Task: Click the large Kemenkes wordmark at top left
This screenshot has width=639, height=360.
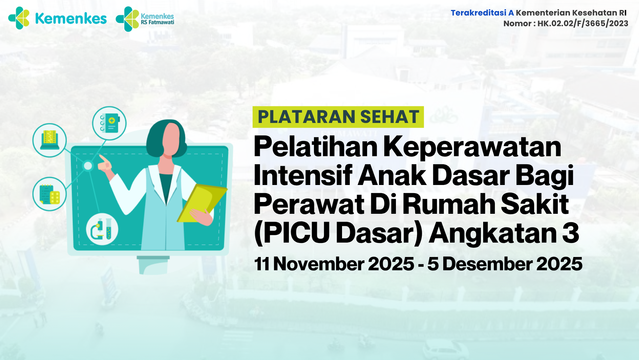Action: pos(71,18)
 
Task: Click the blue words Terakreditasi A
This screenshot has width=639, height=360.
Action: pos(482,13)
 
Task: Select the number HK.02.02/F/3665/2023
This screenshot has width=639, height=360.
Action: pos(582,24)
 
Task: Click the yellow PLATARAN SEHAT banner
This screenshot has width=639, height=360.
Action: pos(338,117)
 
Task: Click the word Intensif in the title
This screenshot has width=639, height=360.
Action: pos(303,175)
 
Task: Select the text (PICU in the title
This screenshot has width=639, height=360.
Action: pos(292,233)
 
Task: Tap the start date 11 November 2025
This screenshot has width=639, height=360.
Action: pos(334,264)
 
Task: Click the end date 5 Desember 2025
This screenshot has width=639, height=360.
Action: pos(505,264)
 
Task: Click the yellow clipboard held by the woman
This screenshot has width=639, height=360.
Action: pos(201,203)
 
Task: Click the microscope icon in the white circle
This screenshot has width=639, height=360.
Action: pos(102,229)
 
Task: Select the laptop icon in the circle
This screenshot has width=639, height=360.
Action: pos(49,140)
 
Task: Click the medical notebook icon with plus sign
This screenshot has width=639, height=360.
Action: pos(109,123)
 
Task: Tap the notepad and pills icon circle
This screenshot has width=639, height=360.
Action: pos(49,194)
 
